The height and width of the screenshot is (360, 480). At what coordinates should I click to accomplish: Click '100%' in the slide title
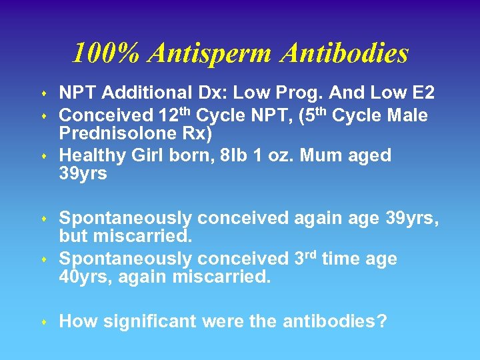click(99, 53)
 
